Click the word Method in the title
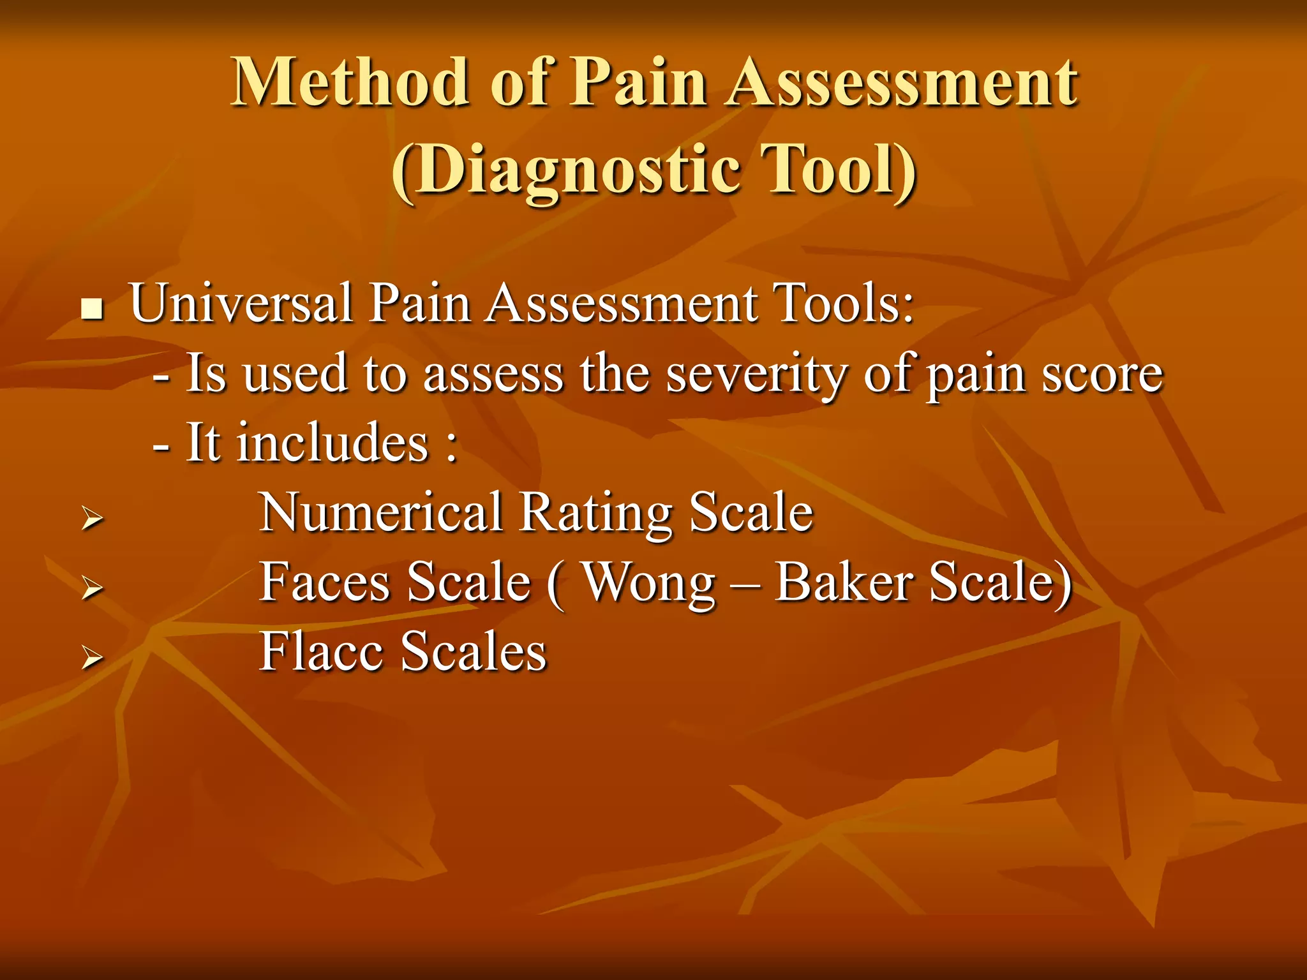pyautogui.click(x=350, y=82)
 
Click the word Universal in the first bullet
pyautogui.click(x=241, y=303)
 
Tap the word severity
pyautogui.click(x=755, y=375)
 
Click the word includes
pyautogui.click(x=332, y=443)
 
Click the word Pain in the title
pyautogui.click(x=638, y=82)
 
